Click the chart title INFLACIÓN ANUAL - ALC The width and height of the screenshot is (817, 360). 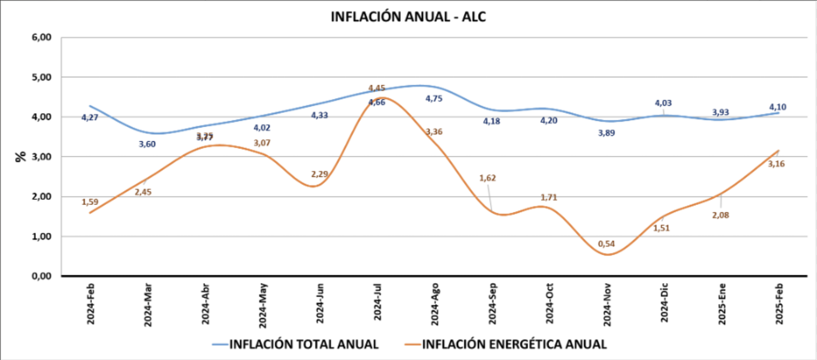(x=408, y=17)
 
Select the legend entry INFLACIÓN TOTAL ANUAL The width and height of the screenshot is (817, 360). (x=303, y=345)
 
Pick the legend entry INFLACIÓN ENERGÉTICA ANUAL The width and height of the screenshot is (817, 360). (x=514, y=345)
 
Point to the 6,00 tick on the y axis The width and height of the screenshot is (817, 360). (x=41, y=37)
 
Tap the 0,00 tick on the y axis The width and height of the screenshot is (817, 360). (x=41, y=276)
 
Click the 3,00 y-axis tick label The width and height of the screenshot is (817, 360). (x=41, y=157)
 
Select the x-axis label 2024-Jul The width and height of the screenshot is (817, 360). (x=378, y=302)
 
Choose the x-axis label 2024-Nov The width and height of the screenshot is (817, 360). (x=607, y=304)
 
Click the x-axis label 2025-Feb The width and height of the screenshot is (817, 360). (x=779, y=304)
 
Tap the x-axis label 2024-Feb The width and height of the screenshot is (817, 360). (x=90, y=304)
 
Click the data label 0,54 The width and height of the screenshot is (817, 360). (x=606, y=244)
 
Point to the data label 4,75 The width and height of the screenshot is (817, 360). (x=434, y=99)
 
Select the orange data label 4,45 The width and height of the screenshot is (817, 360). (x=377, y=88)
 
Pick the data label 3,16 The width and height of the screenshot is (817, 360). (x=776, y=164)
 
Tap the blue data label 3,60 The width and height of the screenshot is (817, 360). (x=147, y=144)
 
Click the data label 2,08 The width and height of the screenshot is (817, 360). (x=721, y=215)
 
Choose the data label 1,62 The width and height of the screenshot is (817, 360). (x=488, y=178)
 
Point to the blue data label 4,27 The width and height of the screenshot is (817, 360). (x=90, y=117)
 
